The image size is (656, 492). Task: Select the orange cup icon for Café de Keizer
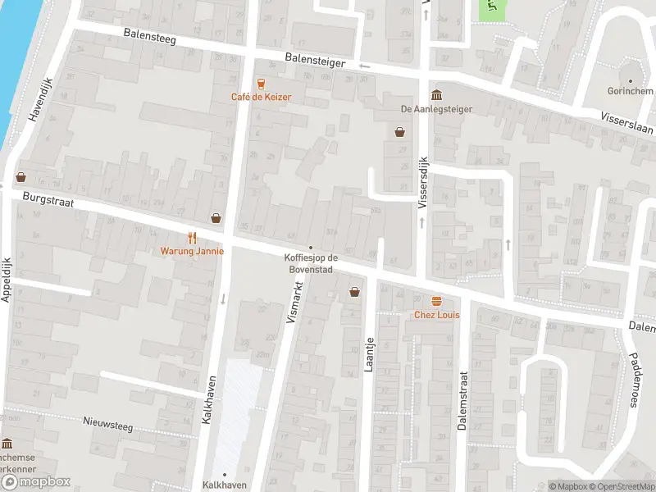pos(261,83)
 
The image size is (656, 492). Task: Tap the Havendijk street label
pos(34,107)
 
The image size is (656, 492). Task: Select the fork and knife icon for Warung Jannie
pos(192,238)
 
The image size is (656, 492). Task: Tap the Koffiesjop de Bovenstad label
pos(310,264)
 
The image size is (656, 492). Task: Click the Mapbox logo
pos(36,482)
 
